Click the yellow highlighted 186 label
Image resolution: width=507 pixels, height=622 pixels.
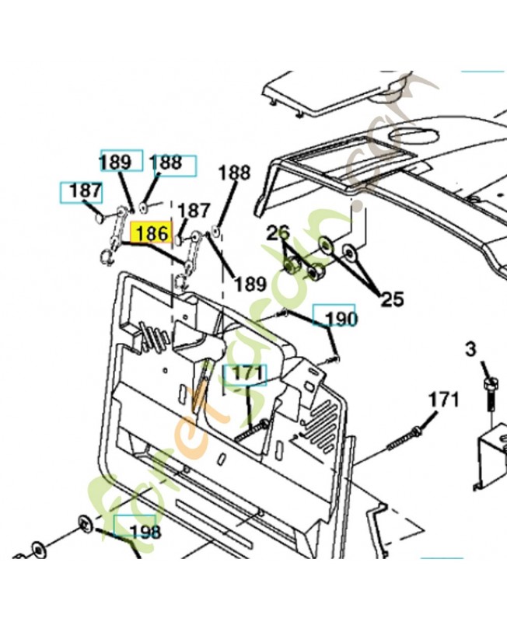(151, 232)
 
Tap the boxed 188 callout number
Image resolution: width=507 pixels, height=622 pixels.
(166, 162)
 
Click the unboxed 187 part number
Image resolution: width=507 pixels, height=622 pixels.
(194, 210)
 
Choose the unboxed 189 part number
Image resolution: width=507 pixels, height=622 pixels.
(250, 284)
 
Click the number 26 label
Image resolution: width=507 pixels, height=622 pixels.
(278, 232)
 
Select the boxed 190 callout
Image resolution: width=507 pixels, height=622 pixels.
(341, 319)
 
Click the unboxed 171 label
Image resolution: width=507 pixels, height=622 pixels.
(443, 400)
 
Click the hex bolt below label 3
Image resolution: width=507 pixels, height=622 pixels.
(490, 393)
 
